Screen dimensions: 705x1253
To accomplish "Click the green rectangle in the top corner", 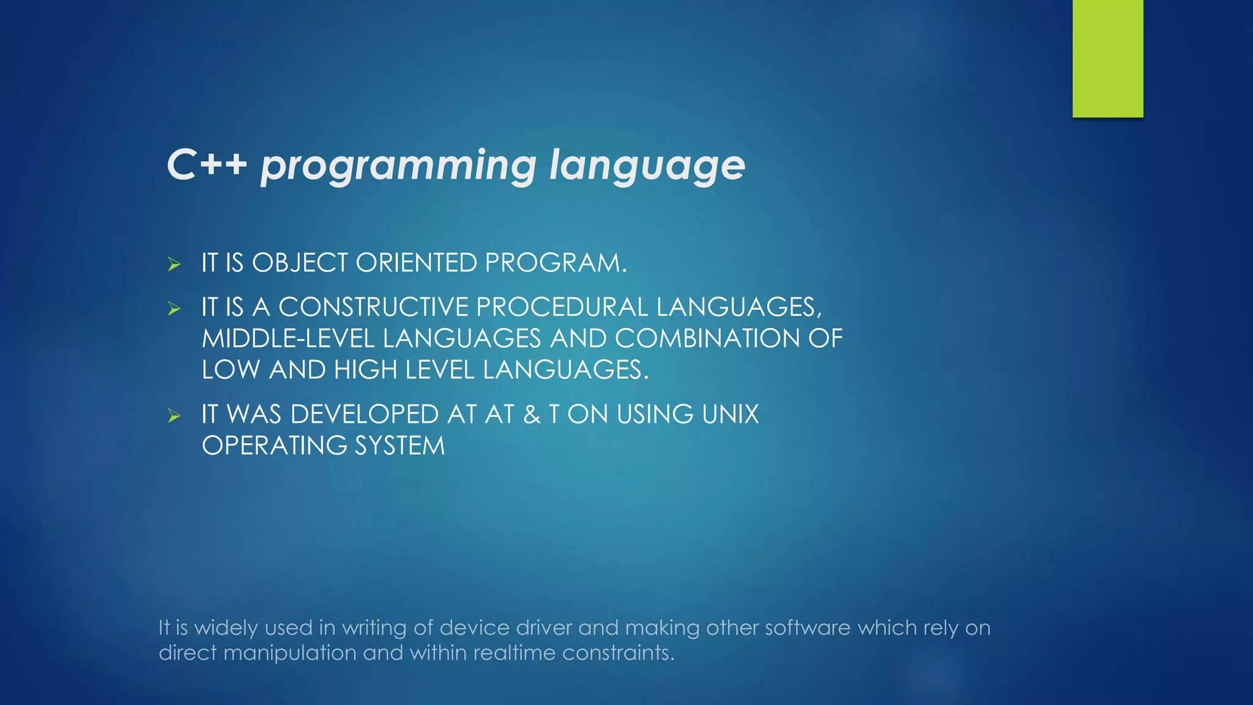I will (1107, 58).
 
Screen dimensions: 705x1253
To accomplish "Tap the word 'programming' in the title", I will (398, 166).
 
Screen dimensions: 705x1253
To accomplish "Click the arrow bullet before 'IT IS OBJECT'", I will (174, 264).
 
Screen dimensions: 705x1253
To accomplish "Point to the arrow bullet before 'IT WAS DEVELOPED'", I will (174, 416).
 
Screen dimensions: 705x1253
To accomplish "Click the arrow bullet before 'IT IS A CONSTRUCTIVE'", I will (174, 308).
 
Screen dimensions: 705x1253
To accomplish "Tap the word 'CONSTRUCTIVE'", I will (373, 307).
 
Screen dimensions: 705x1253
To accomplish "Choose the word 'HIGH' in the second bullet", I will (365, 370).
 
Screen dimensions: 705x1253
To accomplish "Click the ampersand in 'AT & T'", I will (532, 414).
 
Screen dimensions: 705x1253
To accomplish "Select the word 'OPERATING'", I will (274, 446).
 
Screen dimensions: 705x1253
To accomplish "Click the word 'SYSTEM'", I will (400, 446).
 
